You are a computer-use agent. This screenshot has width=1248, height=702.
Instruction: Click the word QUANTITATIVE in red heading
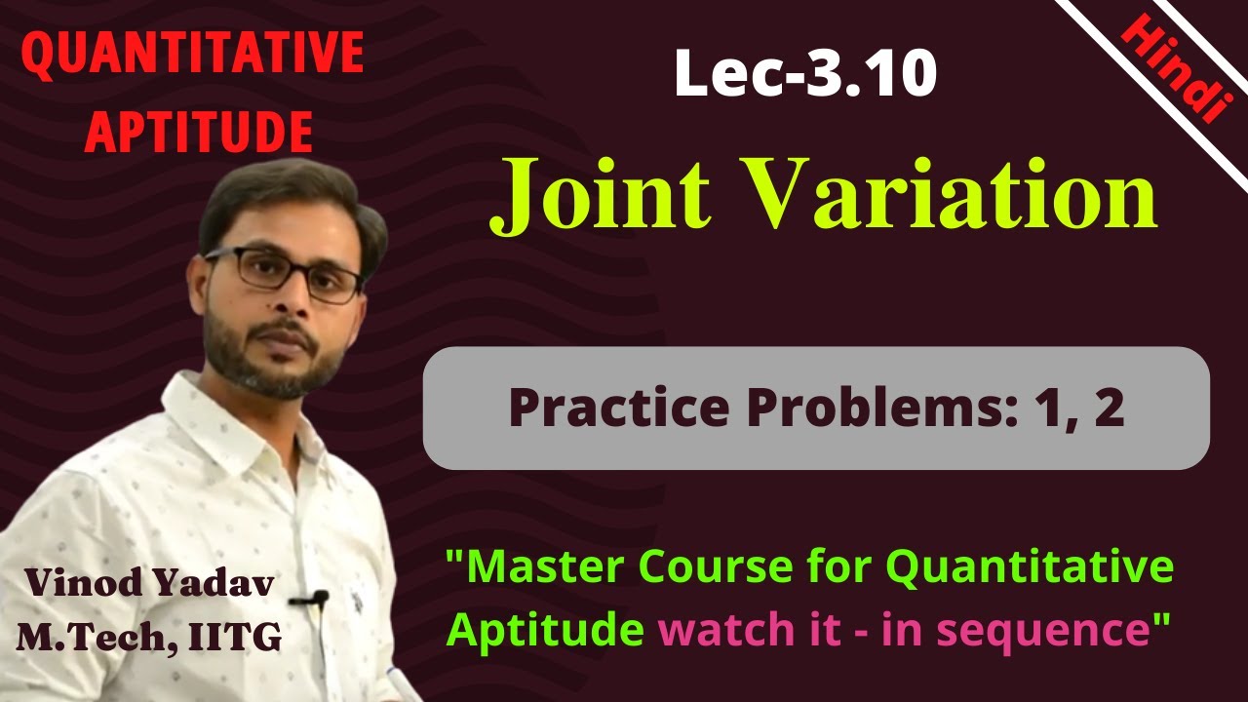[x=192, y=56]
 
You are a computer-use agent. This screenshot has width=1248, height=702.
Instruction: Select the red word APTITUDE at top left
[x=198, y=132]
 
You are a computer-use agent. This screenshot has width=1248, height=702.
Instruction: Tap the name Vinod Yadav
[x=149, y=582]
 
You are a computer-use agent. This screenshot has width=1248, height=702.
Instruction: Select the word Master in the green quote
[x=542, y=567]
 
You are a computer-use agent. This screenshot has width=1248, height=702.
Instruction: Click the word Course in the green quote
[x=732, y=567]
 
